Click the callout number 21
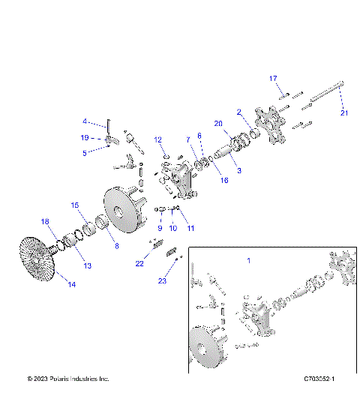344,113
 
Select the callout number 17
273,79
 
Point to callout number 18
44,221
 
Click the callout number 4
85,121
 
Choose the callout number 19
85,137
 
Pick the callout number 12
158,139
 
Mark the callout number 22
139,263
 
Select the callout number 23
162,280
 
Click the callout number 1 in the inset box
248,259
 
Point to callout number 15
74,205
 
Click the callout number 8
115,244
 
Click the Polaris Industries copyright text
68,379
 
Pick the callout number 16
203,181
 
